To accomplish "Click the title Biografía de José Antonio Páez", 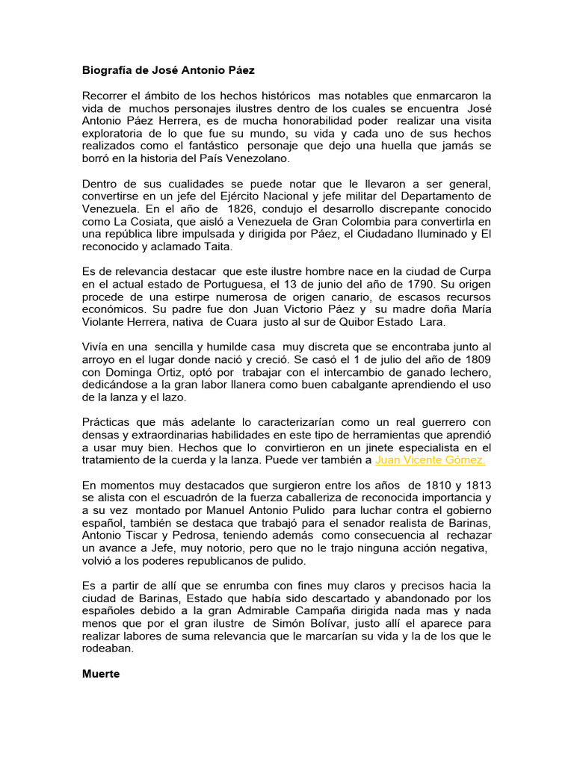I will click(x=168, y=70).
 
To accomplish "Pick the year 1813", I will click(x=475, y=486).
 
